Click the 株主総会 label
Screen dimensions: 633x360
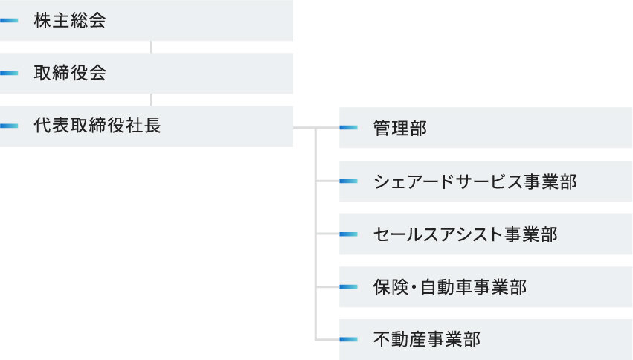[70, 20]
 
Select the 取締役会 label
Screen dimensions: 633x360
[70, 73]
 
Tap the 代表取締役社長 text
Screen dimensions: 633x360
[97, 126]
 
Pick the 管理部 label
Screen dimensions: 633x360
[399, 129]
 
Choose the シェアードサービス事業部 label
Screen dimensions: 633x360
[475, 181]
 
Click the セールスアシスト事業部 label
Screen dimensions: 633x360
[466, 234]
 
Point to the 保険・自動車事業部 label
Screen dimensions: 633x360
[450, 287]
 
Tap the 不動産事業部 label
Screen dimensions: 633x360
[427, 339]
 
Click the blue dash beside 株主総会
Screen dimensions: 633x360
[9, 20]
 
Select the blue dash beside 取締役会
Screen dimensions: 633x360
[9, 73]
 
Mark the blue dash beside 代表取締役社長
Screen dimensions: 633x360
[9, 126]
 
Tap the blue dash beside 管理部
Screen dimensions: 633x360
[348, 127]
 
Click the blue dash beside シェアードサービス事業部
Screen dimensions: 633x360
[348, 181]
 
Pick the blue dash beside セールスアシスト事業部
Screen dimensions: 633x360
[348, 234]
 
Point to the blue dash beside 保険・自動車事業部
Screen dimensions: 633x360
[348, 287]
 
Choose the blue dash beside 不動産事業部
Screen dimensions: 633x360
[348, 339]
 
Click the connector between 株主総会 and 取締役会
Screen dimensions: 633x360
[150, 47]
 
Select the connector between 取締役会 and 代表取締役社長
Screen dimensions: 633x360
[150, 100]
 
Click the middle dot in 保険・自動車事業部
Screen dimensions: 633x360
[414, 287]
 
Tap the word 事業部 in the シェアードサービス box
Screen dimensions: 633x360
[550, 181]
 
